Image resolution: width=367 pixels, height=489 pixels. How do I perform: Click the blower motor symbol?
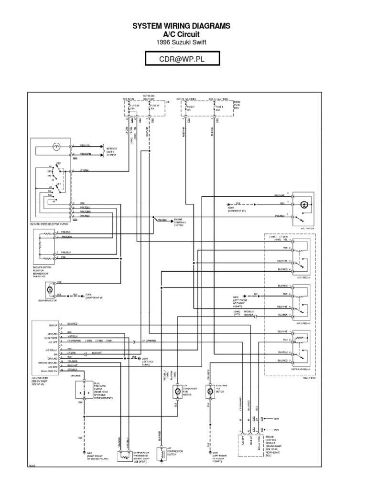[x=48, y=289]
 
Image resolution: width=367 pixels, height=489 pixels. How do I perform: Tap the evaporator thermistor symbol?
[x=126, y=456]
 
